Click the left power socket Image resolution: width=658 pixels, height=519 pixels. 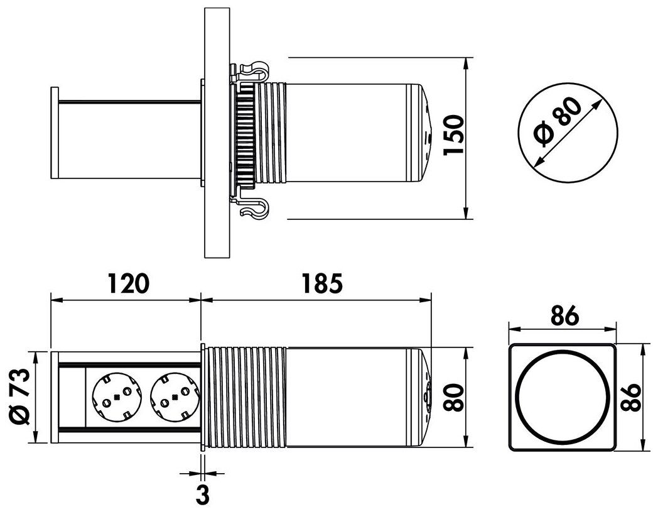click(x=117, y=396)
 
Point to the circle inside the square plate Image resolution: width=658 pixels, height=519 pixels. click(x=562, y=397)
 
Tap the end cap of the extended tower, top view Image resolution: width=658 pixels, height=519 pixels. click(x=55, y=133)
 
